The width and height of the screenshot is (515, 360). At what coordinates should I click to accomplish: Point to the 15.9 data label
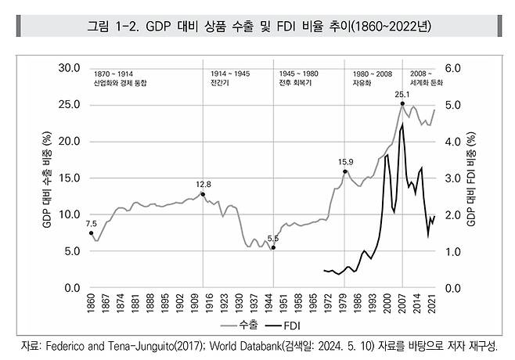tap(346, 162)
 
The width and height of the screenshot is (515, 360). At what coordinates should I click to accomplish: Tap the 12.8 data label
tap(204, 185)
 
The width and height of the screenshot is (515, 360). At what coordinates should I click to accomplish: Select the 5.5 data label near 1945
tap(273, 238)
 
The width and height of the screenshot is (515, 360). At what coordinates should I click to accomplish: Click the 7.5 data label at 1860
tap(92, 224)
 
